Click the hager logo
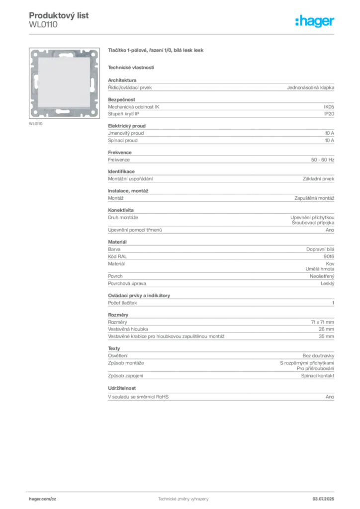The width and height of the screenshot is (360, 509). click(x=314, y=21)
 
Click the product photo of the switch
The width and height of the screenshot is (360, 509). click(x=64, y=83)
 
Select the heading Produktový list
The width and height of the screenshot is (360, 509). click(x=59, y=15)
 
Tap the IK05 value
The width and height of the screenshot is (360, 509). click(x=329, y=107)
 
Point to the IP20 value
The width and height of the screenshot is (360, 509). click(x=329, y=114)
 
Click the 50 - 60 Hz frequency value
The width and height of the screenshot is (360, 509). click(x=322, y=160)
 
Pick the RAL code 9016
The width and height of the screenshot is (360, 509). click(x=329, y=256)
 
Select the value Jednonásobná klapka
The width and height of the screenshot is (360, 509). click(x=310, y=87)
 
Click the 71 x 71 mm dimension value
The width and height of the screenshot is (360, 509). click(x=322, y=322)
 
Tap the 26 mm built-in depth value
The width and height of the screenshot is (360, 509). click(x=326, y=329)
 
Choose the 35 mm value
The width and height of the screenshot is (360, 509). click(x=326, y=337)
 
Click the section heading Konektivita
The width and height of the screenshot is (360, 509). click(x=121, y=210)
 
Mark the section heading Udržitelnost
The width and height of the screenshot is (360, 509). click(x=122, y=388)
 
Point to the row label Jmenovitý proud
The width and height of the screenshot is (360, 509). click(x=126, y=133)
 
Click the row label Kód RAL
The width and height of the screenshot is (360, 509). click(x=117, y=256)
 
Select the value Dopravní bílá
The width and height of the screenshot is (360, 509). click(x=320, y=250)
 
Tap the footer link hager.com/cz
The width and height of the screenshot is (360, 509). click(x=43, y=499)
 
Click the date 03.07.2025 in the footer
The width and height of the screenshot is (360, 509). click(x=323, y=499)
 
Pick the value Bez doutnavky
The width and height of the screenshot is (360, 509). click(x=318, y=356)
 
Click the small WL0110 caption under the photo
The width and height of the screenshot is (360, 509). click(x=36, y=124)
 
